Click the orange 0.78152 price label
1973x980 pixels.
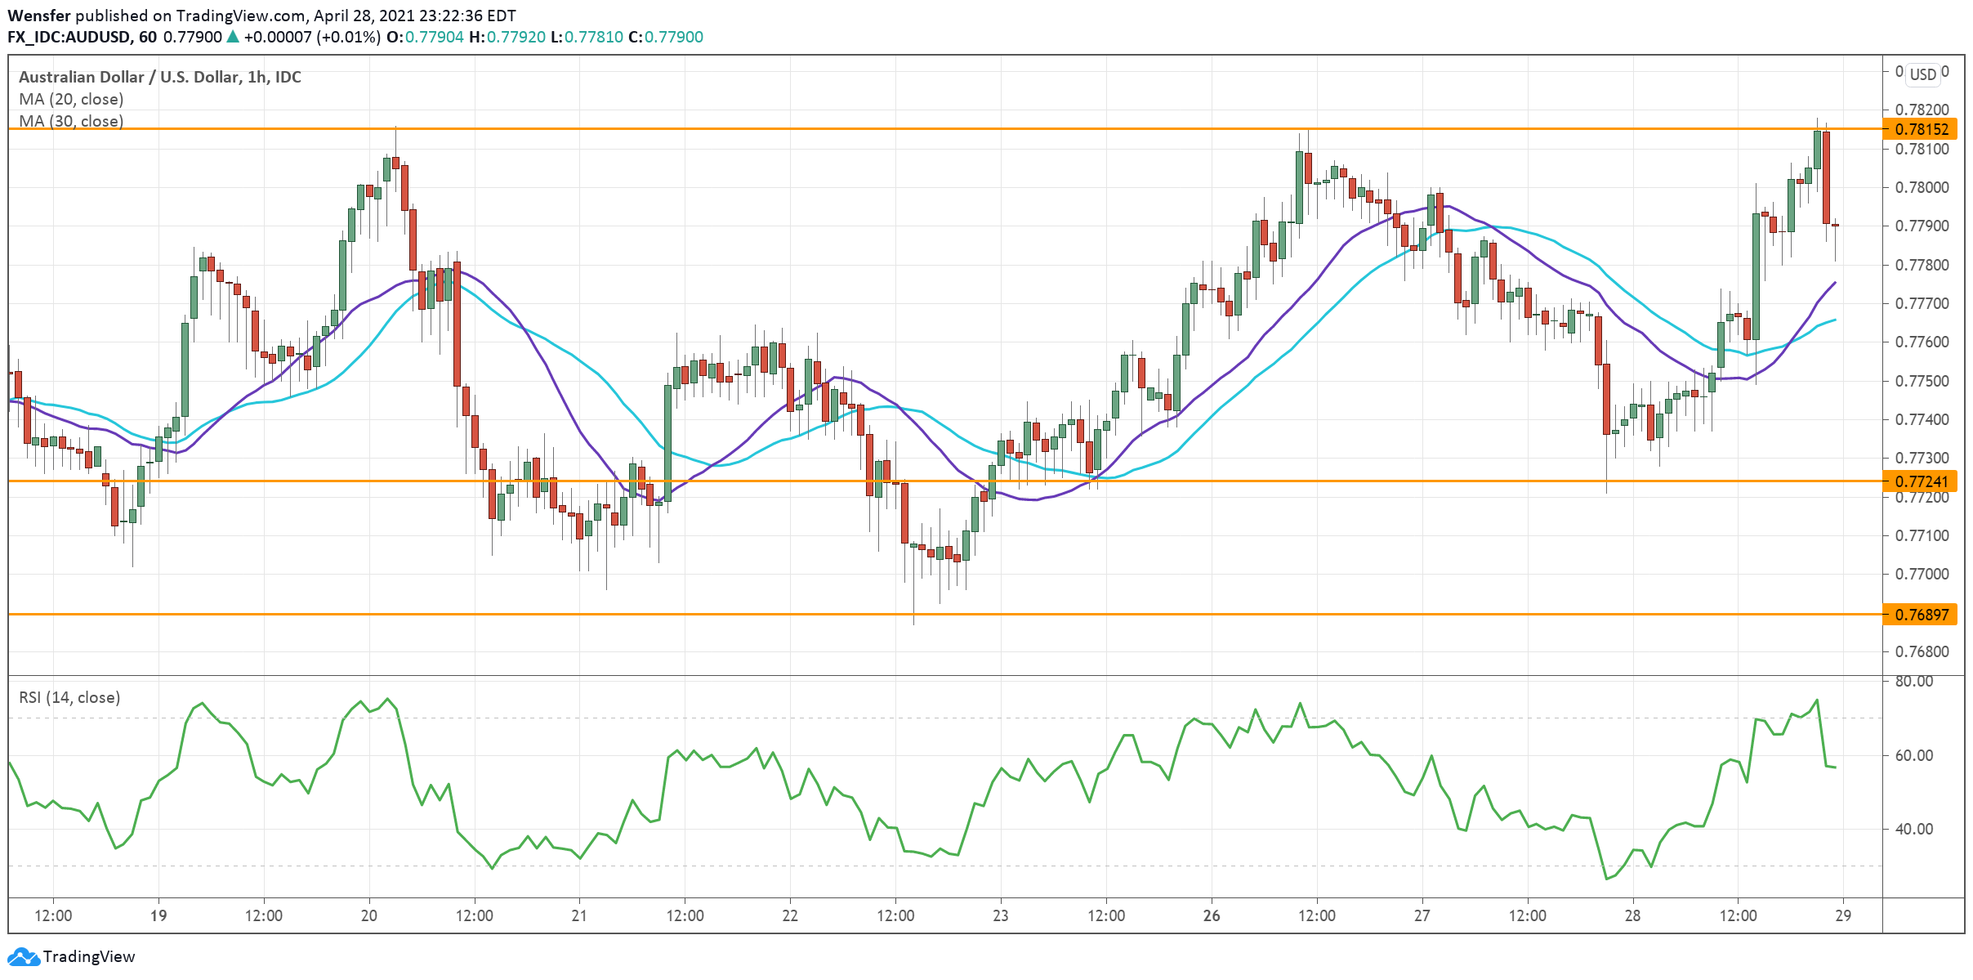click(1921, 129)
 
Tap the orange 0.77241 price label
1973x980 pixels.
click(1921, 481)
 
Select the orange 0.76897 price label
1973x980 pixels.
click(1921, 615)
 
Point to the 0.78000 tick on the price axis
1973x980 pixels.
click(1922, 187)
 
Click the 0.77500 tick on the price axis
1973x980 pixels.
click(1922, 381)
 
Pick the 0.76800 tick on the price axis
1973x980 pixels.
click(1922, 651)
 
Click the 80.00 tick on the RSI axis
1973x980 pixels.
click(1913, 681)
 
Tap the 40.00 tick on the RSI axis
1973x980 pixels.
click(1913, 829)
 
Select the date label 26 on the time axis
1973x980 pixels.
click(1212, 915)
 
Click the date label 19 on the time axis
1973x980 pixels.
click(158, 915)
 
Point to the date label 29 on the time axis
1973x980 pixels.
click(1843, 915)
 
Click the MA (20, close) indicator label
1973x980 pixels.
click(71, 99)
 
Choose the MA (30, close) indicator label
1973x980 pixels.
click(71, 121)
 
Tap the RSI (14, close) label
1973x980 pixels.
click(69, 697)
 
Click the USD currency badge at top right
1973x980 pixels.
click(1922, 74)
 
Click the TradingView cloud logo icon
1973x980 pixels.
click(23, 956)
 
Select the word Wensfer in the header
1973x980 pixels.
click(38, 16)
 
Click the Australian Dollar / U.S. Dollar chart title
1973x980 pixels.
click(159, 77)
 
